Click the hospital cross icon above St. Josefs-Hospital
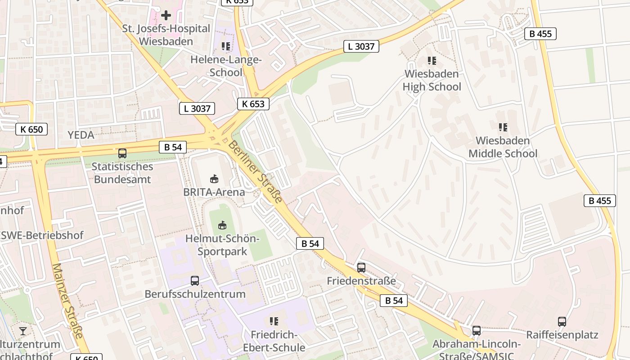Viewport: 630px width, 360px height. point(166,15)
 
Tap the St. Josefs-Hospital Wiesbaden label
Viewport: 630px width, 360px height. point(166,35)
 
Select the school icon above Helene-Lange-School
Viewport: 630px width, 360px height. point(226,46)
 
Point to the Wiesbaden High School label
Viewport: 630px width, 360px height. point(432,80)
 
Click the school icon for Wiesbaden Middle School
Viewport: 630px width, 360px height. point(503,127)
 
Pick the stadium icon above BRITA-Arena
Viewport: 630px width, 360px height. point(214,179)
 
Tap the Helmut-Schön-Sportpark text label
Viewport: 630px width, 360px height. point(222,245)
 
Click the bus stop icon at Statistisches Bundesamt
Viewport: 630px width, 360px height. point(122,153)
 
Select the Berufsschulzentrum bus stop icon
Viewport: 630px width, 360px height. point(195,281)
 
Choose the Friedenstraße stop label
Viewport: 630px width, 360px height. point(361,281)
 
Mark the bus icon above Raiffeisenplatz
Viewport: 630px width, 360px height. point(562,322)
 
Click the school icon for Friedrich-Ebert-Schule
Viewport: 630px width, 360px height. point(274,321)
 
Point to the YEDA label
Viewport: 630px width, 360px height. point(81,135)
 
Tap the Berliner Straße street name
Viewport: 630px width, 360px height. point(255,171)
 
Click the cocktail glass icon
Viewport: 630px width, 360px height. point(23,331)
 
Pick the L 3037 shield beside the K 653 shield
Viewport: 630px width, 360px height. point(197,108)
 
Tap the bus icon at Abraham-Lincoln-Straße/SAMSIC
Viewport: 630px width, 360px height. point(477,331)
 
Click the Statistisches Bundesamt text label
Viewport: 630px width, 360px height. point(122,173)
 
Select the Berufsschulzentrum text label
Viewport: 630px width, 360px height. point(195,294)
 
